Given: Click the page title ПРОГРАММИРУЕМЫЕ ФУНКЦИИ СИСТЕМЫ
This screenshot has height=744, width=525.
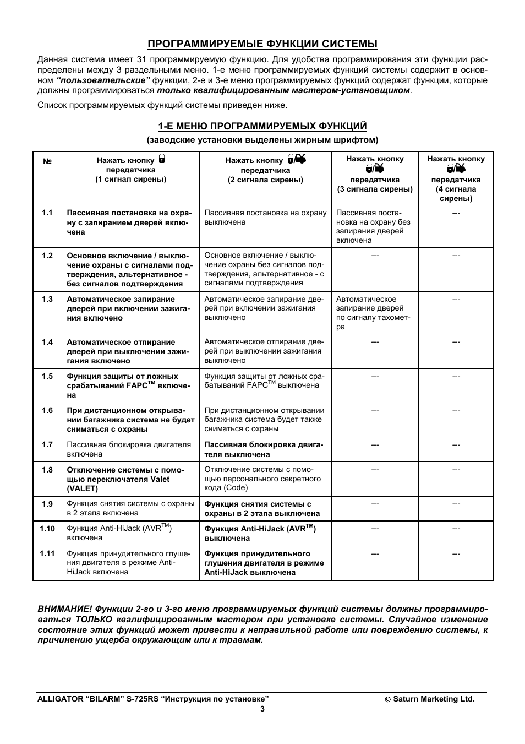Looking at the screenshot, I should pyautogui.click(x=262, y=44).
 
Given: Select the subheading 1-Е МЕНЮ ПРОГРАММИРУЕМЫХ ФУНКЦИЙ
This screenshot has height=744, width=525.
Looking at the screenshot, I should pyautogui.click(x=262, y=126).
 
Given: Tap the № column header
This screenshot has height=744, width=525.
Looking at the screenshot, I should pyautogui.click(x=47, y=162).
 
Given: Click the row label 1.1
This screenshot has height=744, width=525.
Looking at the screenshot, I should pyautogui.click(x=47, y=213).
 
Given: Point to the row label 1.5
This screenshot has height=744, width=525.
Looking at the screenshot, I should pyautogui.click(x=47, y=376).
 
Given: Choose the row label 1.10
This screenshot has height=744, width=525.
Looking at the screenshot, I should pyautogui.click(x=47, y=529).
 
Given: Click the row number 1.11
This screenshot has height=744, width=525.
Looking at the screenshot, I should pyautogui.click(x=47, y=553).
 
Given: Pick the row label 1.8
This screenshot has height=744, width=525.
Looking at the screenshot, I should pyautogui.click(x=47, y=470).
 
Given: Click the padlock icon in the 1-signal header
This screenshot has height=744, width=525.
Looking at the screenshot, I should pyautogui.click(x=162, y=160).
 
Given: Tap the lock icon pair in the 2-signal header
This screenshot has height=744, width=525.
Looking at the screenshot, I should pyautogui.click(x=296, y=160).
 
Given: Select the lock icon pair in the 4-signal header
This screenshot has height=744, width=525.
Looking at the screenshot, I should pyautogui.click(x=456, y=169).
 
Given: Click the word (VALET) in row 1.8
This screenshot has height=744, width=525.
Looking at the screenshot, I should pyautogui.click(x=83, y=488).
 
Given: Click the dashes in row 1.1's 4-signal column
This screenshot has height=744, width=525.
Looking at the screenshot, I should pyautogui.click(x=456, y=213).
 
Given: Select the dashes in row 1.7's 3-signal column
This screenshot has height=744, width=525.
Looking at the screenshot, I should pyautogui.click(x=375, y=445).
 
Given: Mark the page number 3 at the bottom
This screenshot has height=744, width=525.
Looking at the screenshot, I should pyautogui.click(x=262, y=709).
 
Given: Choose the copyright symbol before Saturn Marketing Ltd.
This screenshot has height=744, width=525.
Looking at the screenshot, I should pyautogui.click(x=387, y=699).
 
